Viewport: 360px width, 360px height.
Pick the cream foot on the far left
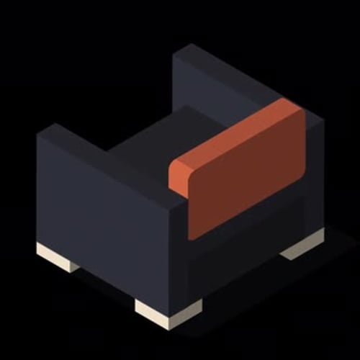[x=58, y=257]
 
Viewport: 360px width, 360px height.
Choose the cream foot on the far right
[x=302, y=245]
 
